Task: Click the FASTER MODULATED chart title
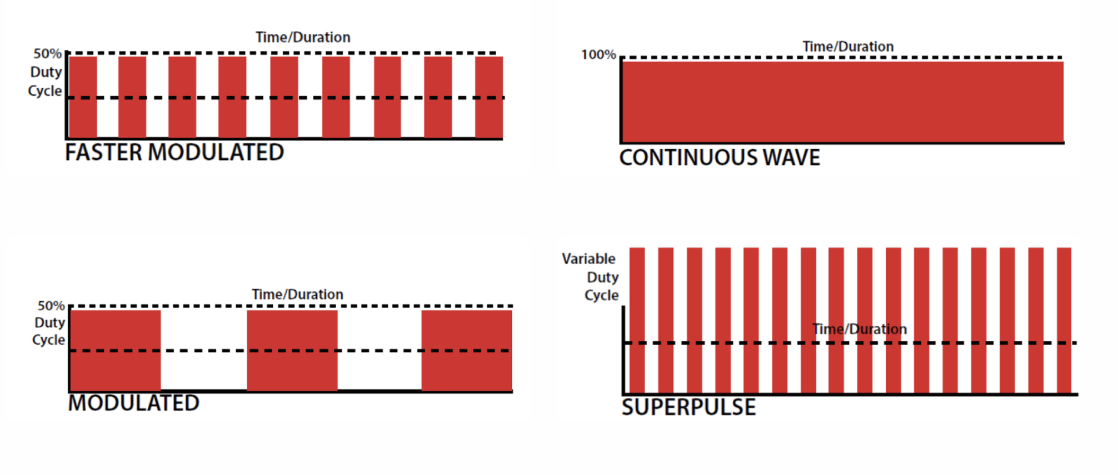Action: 174,153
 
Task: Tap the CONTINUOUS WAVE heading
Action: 720,158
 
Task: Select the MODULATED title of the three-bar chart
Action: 133,403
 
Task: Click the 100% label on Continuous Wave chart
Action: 598,55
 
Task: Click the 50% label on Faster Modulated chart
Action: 47,54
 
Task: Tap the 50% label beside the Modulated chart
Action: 51,306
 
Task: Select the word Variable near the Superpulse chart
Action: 588,259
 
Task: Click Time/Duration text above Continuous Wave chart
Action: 848,47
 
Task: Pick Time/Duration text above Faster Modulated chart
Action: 303,37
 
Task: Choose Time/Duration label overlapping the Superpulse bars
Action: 859,329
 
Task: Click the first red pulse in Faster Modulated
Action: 83,97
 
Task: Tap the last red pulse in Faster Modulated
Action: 489,97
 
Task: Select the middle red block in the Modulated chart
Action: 292,350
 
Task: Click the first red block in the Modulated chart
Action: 116,350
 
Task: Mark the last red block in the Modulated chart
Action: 467,350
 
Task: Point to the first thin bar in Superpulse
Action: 637,320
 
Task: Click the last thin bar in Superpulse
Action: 1064,320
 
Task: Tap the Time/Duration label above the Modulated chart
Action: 297,294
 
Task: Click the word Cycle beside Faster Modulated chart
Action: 45,91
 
